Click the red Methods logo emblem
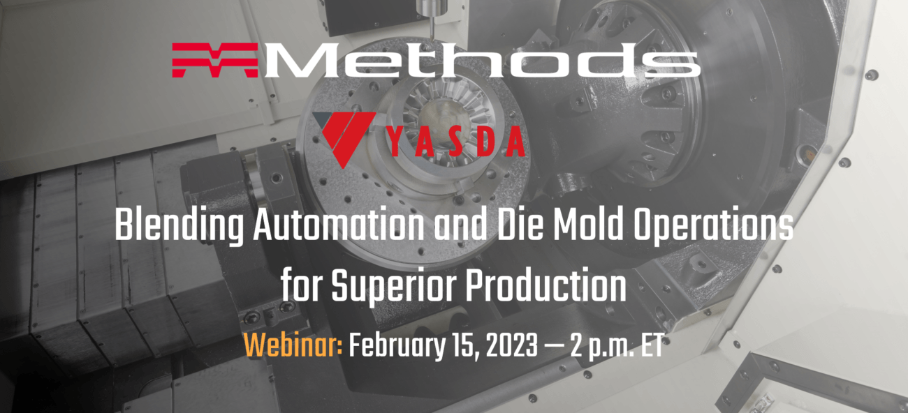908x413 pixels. (x=215, y=60)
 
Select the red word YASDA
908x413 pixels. (x=456, y=142)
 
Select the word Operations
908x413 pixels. (x=713, y=227)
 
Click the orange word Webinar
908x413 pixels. (x=293, y=345)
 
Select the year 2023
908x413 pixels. (x=511, y=346)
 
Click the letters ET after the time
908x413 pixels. (x=652, y=346)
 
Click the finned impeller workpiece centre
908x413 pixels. (x=441, y=117)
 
